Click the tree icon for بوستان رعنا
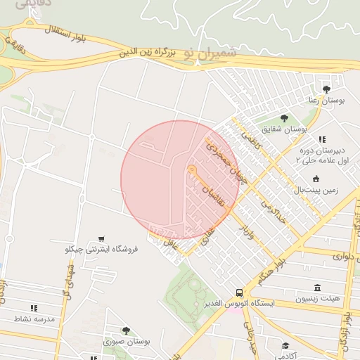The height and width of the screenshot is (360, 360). pos(326,89)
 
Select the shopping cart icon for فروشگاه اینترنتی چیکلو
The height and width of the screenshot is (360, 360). pos(103,238)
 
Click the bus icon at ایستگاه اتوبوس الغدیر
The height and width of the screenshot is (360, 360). pos(240,292)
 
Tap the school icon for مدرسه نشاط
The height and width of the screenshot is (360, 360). pos(33,308)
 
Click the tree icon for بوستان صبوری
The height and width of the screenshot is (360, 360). pos(126,330)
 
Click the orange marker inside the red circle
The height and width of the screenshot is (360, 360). pos(191,169)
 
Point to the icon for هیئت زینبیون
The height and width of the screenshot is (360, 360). pos(318,288)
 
